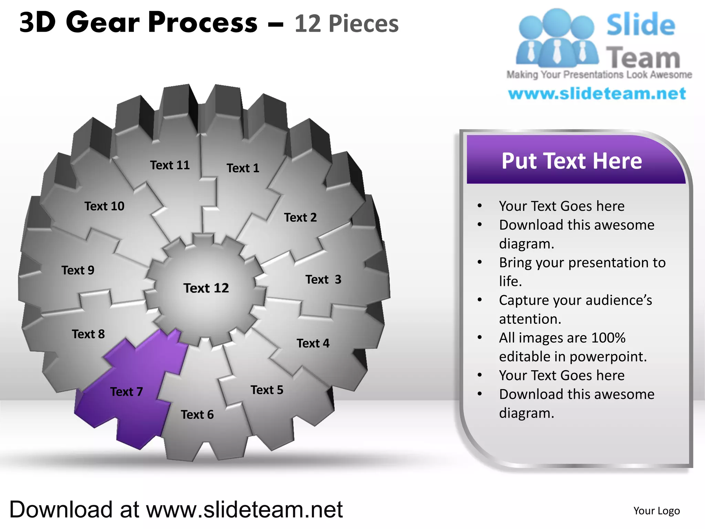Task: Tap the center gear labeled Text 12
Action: [x=206, y=288]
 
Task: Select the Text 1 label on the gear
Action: [x=243, y=168]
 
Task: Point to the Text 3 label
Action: [x=323, y=279]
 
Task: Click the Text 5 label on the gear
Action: [x=267, y=390]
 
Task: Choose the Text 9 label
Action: [x=78, y=270]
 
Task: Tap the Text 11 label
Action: [x=170, y=165]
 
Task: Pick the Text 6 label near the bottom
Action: [x=197, y=415]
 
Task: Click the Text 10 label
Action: [x=104, y=206]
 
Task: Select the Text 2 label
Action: [x=300, y=218]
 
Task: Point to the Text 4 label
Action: [x=313, y=343]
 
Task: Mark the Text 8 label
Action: [x=88, y=334]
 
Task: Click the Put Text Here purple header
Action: [x=571, y=161]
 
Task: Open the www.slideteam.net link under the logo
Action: [x=597, y=94]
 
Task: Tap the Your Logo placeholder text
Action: [x=656, y=511]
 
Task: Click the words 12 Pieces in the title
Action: [x=346, y=24]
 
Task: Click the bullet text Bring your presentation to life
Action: [x=582, y=272]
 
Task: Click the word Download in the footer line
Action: [x=61, y=509]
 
